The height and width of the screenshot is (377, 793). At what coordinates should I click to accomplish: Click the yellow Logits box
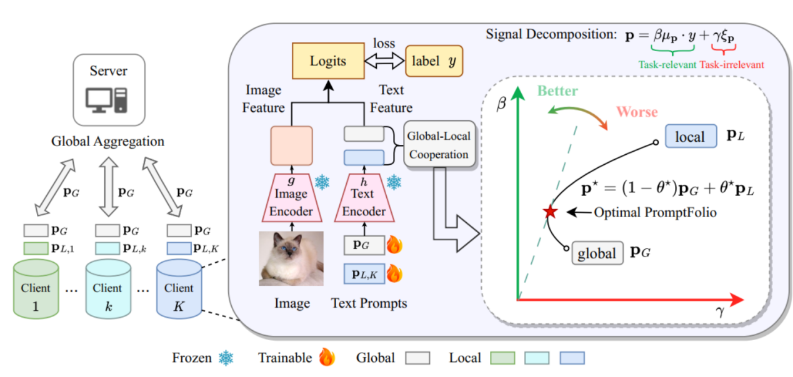click(328, 61)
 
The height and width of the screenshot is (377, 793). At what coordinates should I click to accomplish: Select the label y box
click(434, 61)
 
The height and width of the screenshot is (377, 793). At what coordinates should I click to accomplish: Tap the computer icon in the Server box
click(108, 99)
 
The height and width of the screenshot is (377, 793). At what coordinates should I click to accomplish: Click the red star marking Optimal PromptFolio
click(550, 212)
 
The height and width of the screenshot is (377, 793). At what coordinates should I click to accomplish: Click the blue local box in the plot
click(690, 137)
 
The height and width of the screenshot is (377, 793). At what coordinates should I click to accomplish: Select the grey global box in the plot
click(597, 253)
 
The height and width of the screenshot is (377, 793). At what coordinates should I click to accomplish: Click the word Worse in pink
click(637, 112)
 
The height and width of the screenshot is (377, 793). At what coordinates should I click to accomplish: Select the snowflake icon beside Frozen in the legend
click(226, 358)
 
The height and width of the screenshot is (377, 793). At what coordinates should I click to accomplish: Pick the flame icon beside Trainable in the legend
click(326, 358)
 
